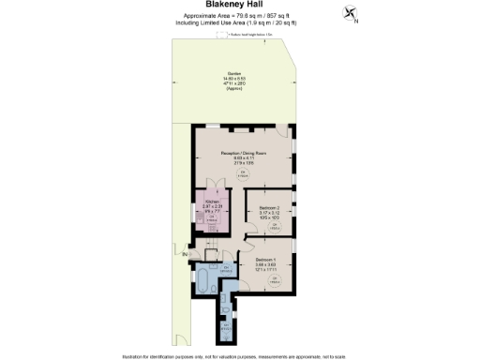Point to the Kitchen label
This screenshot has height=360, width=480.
coord(213,207)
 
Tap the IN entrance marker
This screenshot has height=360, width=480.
coord(186,254)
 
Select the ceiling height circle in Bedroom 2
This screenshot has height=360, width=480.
coord(274,226)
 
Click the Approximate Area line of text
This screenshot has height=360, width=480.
coord(239,16)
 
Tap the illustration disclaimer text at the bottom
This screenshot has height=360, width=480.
coord(239,355)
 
